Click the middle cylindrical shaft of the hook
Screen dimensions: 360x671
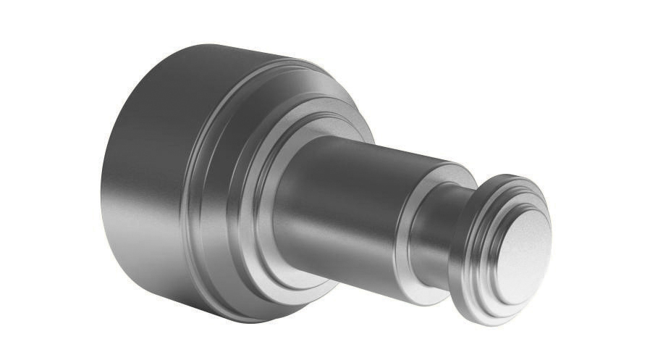[x=347, y=203]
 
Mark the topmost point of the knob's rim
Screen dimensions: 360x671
[x=507, y=175]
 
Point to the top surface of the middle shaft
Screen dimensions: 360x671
[x=362, y=148]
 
